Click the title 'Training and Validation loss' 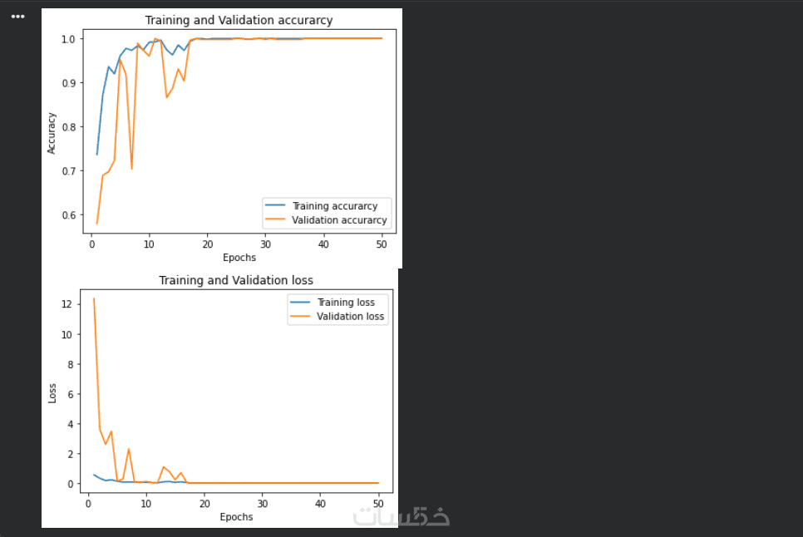(236, 280)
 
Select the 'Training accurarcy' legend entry (334, 206)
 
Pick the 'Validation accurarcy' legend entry (339, 220)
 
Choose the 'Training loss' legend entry (346, 303)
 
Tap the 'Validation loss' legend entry (351, 317)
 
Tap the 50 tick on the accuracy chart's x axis (382, 244)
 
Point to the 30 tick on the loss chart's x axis (262, 504)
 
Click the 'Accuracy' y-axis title (52, 133)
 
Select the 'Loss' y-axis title (52, 392)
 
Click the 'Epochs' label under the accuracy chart (239, 258)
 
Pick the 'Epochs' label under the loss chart (236, 517)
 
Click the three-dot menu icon (18, 17)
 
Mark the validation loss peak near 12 (94, 298)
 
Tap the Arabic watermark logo (402, 516)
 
